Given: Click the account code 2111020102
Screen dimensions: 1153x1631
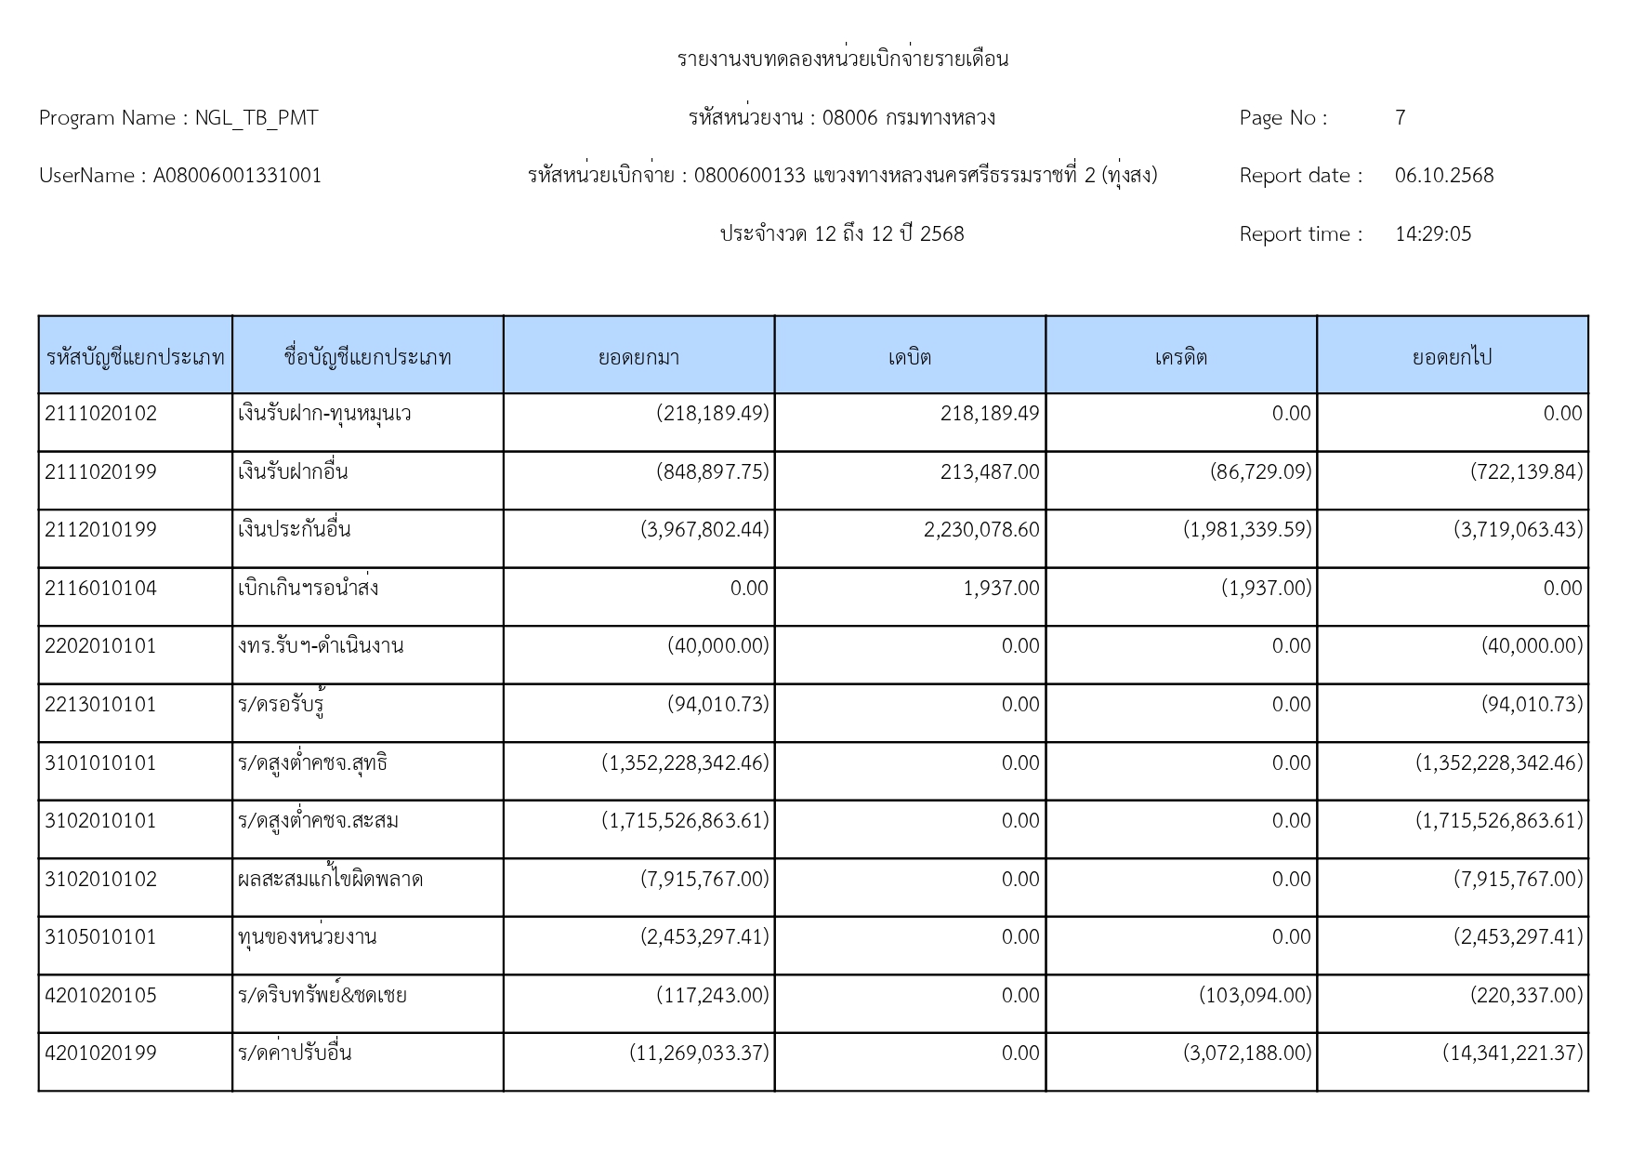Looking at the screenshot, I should (x=100, y=414).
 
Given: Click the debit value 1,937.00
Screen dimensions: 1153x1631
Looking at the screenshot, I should (x=1001, y=589).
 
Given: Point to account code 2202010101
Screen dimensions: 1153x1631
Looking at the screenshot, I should (x=100, y=646).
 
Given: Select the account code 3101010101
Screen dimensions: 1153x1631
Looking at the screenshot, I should (x=100, y=763).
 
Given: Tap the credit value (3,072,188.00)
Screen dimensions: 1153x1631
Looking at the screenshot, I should (x=1246, y=1054).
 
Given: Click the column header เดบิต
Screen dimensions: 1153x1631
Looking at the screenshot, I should (x=909, y=357).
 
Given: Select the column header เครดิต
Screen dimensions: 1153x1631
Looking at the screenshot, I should (x=1180, y=357).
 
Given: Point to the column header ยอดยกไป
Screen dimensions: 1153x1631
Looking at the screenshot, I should (x=1452, y=357).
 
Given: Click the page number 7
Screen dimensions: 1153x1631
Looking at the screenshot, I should (x=1400, y=118).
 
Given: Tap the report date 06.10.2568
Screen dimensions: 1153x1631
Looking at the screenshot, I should (x=1443, y=176).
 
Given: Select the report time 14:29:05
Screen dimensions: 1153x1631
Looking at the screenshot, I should (x=1432, y=234).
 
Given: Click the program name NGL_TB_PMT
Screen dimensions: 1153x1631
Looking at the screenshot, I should (x=256, y=118).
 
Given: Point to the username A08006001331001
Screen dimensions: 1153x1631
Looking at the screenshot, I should (x=237, y=176).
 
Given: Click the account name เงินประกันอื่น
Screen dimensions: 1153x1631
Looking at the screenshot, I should (x=294, y=530).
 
